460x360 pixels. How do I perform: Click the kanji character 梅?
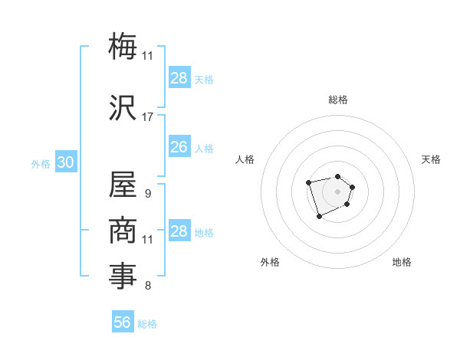123,46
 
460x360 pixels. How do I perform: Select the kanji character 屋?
123,185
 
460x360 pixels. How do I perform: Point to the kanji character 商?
123,228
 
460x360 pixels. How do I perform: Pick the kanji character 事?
123,276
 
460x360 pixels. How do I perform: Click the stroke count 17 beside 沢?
148,117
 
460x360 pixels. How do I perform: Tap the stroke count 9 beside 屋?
148,194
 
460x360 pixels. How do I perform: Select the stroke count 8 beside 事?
148,286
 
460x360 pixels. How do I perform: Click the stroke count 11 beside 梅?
148,56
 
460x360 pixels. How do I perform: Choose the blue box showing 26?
179,147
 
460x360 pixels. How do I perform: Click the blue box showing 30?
65,162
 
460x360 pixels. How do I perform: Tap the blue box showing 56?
123,322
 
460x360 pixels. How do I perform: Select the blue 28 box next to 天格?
179,78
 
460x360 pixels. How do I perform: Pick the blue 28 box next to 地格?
179,231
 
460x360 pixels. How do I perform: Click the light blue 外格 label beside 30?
41,164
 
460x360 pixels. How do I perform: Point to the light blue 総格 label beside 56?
147,324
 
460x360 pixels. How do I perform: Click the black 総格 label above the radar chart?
338,100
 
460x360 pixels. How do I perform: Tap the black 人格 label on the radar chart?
245,159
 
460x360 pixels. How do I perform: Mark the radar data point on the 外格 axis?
319,217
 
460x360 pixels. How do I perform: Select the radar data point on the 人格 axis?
308,182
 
